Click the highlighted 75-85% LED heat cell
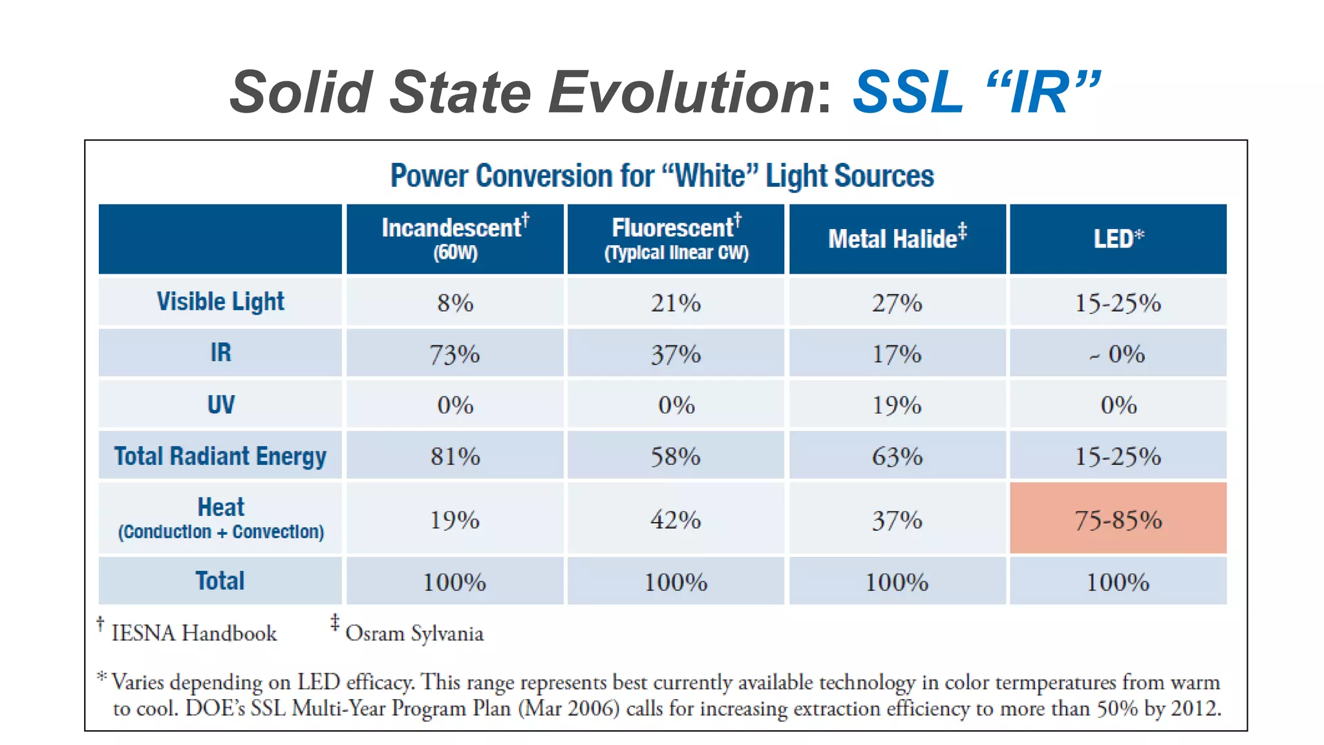coord(1118,519)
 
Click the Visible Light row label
coord(220,301)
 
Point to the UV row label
coord(220,404)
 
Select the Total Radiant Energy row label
coord(220,456)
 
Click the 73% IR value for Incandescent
coord(455,354)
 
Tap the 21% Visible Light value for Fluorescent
coord(676,302)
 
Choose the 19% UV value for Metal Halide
coord(897,405)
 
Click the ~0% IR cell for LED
coord(1118,354)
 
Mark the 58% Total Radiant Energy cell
coord(676,456)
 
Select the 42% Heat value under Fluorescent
coord(676,519)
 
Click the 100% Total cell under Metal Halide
coord(897,582)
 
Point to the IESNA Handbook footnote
coord(193,632)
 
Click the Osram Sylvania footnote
coord(414,632)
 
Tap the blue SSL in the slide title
coord(908,92)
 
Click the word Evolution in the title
coord(683,92)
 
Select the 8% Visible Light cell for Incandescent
coord(455,302)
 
